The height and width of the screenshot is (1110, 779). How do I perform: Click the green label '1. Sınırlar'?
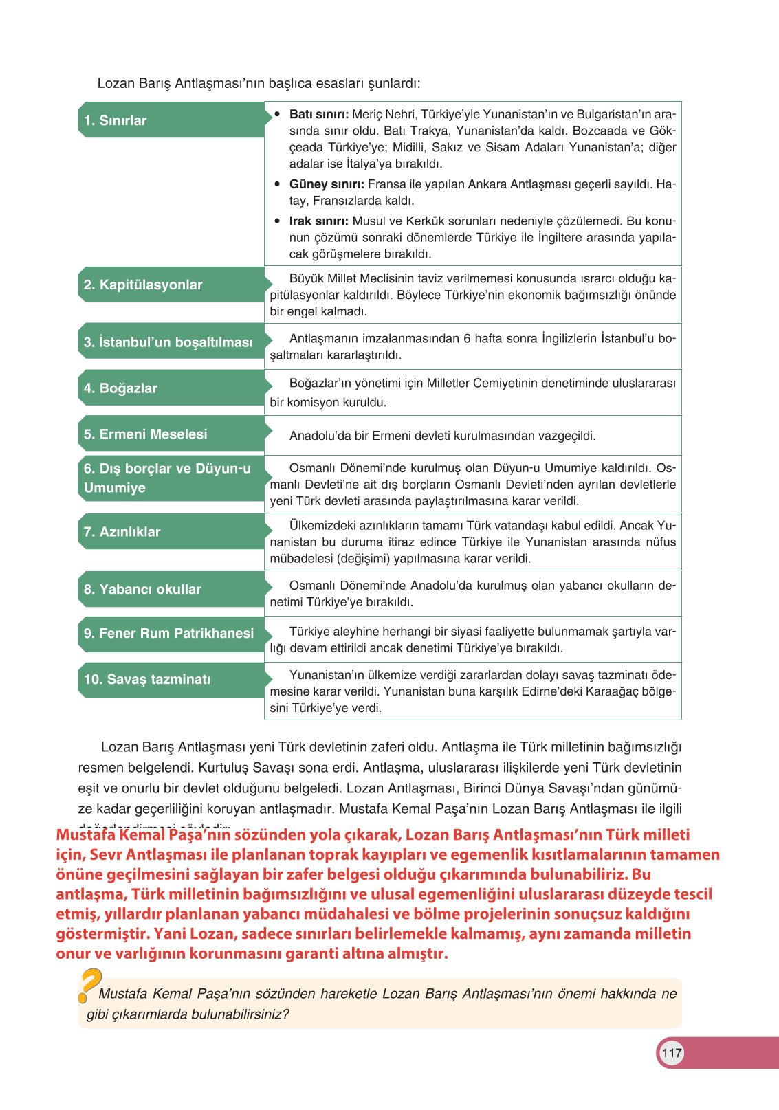coord(116,120)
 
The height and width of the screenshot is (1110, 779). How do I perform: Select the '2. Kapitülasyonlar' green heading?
coord(143,285)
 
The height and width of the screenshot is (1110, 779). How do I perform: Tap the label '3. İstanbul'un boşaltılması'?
coord(168,342)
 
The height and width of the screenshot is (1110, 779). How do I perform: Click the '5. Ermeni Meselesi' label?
coord(146,434)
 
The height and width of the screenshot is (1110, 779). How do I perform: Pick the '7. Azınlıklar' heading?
coord(122,532)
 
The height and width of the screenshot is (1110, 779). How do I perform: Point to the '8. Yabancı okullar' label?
coord(143,589)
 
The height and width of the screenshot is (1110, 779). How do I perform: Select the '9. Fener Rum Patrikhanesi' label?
coord(169,633)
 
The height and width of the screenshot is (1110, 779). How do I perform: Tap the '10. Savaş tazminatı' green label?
coord(147,679)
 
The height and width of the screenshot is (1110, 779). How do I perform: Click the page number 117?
coord(671,1052)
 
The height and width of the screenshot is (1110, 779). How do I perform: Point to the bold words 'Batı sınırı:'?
coord(319,114)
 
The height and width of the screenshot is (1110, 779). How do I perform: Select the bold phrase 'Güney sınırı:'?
coord(327,184)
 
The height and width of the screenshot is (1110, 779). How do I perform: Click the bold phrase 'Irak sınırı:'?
coord(318,221)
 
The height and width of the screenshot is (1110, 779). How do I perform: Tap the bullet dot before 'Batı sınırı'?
coord(277,114)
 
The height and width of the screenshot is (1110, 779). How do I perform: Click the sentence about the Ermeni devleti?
coord(442,436)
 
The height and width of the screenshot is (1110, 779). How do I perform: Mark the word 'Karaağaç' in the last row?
coord(611,691)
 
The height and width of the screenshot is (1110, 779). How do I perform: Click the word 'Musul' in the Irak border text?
coord(369,221)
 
